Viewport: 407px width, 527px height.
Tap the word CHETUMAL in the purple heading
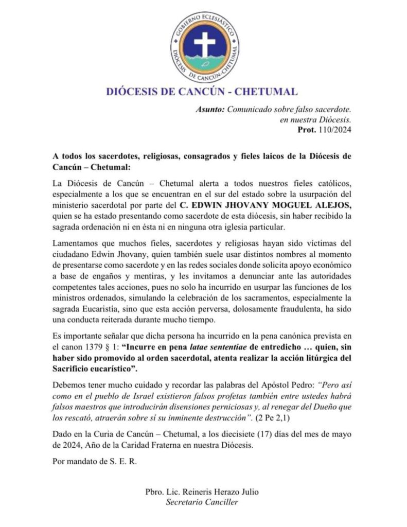point(266,92)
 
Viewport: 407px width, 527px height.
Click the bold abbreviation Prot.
point(307,129)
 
